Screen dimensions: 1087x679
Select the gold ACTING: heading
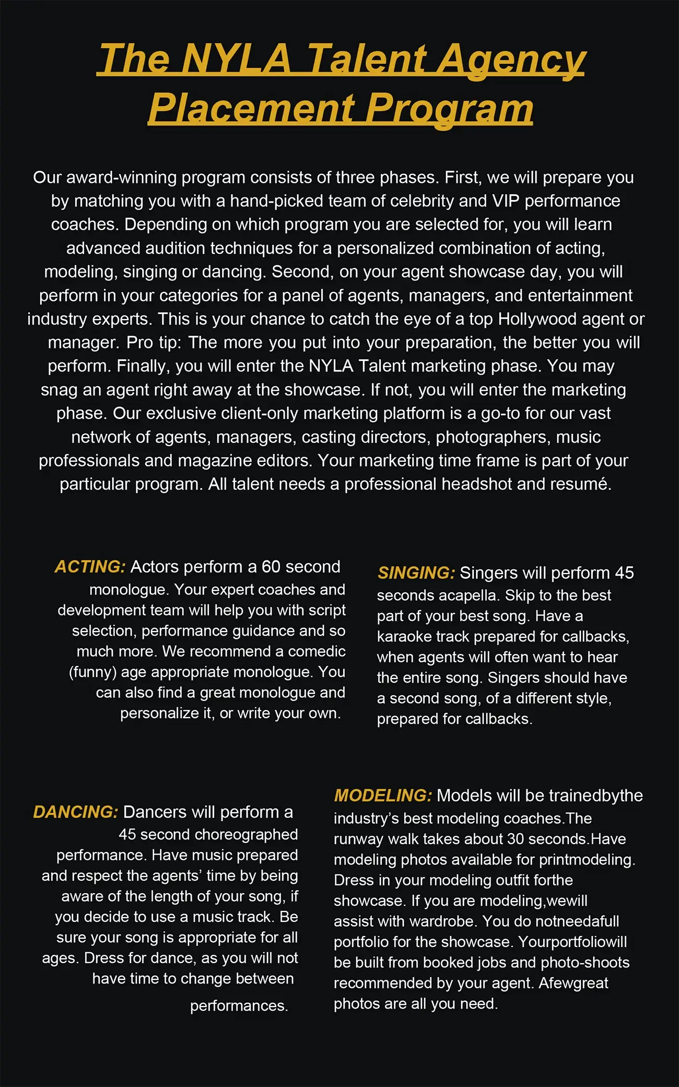click(90, 567)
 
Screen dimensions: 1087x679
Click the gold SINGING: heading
click(416, 573)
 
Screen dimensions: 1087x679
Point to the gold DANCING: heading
click(76, 812)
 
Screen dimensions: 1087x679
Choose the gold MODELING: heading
click(383, 796)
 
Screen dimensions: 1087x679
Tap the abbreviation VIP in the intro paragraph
click(505, 201)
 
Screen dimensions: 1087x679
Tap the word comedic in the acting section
click(317, 651)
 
